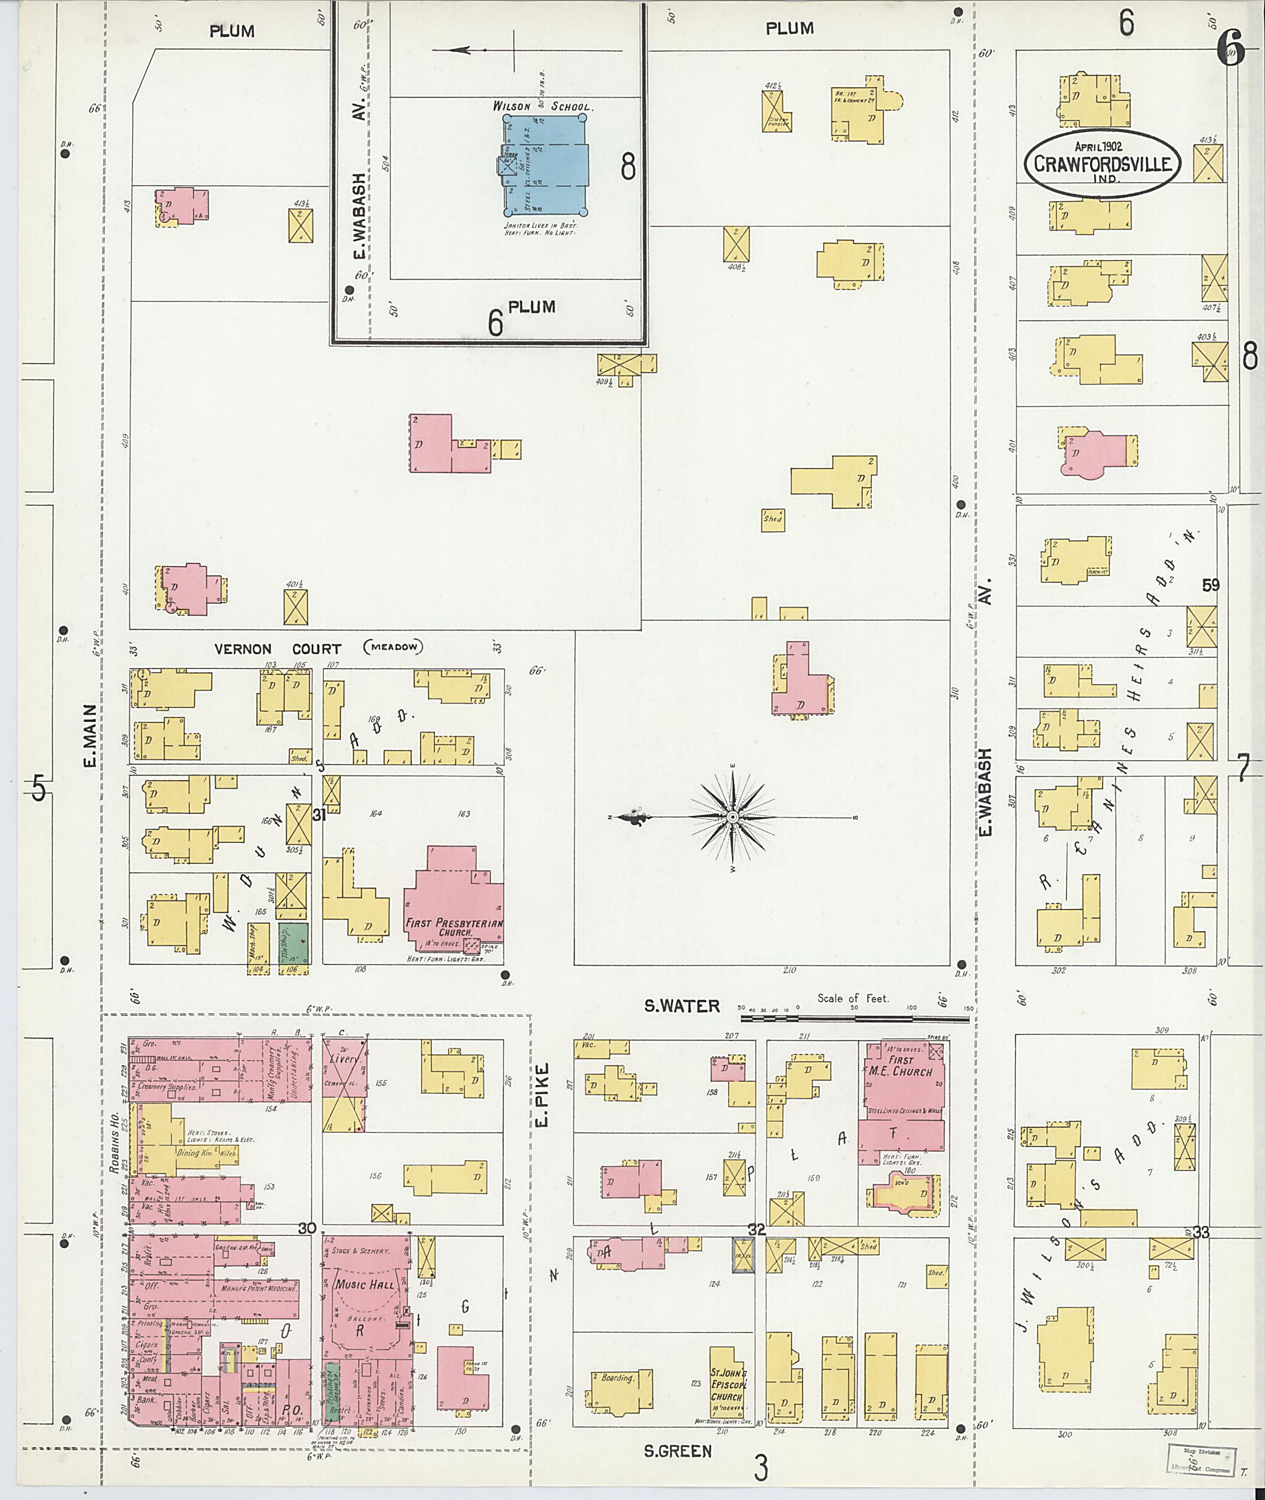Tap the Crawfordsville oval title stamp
[1101, 164]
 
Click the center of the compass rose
[732, 816]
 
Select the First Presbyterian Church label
[453, 927]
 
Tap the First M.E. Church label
[901, 1066]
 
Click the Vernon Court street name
[277, 649]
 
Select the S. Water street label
[681, 1006]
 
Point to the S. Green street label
[678, 1451]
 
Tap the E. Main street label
[90, 735]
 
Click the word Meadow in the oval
[393, 647]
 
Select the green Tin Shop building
[293, 943]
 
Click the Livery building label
[344, 1059]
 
